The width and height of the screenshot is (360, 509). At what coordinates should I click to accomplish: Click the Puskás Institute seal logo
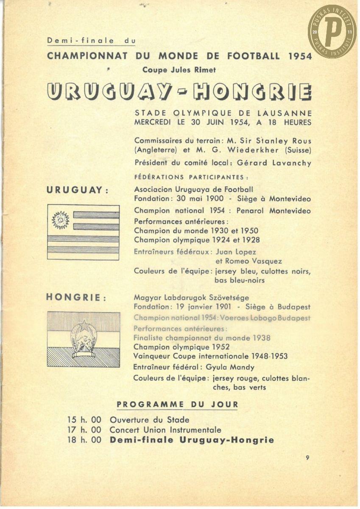332,31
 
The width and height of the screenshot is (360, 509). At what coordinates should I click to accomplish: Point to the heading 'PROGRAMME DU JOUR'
177,404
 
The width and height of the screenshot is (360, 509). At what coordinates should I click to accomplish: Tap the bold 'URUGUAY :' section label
77,190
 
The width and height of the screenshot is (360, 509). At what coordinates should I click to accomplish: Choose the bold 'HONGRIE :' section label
76,297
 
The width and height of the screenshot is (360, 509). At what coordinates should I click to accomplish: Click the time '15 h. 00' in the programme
84,420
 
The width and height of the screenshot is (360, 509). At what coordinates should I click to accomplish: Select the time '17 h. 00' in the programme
84,430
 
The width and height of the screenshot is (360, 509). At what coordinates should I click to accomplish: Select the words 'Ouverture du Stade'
149,420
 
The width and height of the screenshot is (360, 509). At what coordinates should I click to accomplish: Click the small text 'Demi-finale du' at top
91,41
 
